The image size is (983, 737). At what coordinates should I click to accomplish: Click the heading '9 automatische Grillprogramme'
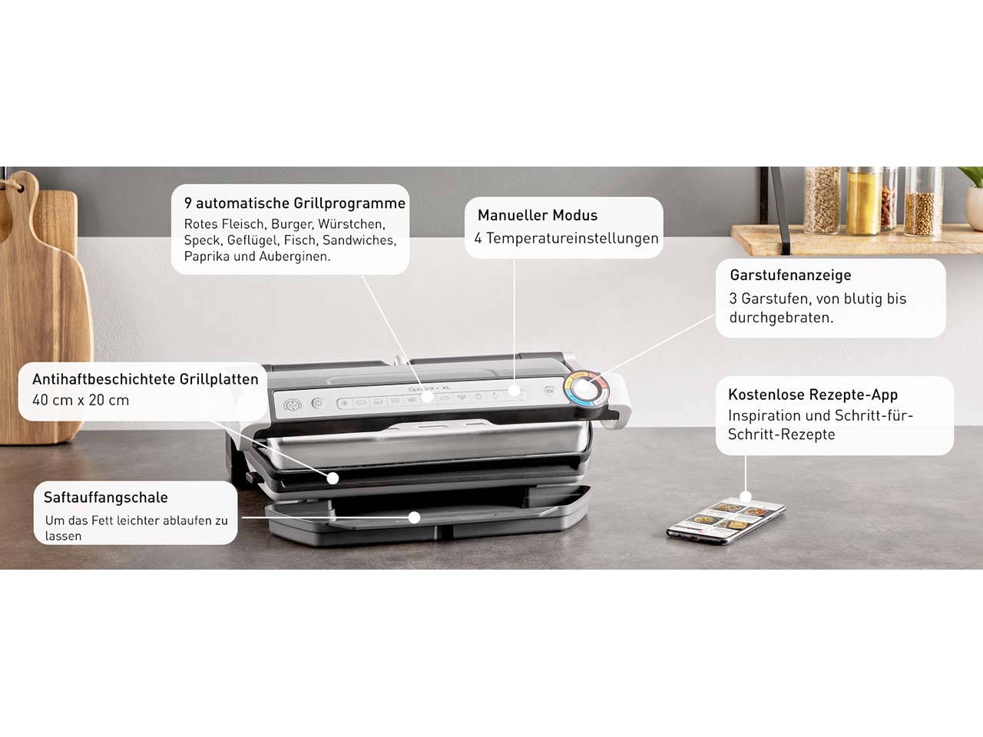[x=295, y=203]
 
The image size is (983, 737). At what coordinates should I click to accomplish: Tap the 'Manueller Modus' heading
[x=538, y=215]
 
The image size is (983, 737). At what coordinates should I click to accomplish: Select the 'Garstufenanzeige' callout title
[x=790, y=275]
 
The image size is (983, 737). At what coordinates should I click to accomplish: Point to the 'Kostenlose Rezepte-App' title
[x=813, y=395]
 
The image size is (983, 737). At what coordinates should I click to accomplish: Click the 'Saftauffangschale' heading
[x=106, y=497]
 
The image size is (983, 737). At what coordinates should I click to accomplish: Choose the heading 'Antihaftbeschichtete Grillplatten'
[x=146, y=379]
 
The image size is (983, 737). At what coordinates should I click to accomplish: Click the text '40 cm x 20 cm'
[x=81, y=400]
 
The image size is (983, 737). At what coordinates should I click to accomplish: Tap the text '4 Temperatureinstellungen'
[x=566, y=239]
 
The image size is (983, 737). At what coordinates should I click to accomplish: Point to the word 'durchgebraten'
[x=779, y=318]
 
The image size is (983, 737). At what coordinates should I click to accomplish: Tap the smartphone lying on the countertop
[x=726, y=521]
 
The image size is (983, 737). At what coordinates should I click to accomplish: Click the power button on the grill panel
[x=317, y=403]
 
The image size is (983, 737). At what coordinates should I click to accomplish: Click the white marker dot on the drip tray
[x=414, y=517]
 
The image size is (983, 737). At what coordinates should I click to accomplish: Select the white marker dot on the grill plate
[x=333, y=478]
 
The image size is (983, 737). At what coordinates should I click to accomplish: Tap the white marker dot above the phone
[x=746, y=496]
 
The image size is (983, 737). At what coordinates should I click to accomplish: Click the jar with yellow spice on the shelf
[x=864, y=201]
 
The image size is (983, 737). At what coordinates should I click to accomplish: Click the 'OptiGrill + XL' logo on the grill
[x=429, y=388]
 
